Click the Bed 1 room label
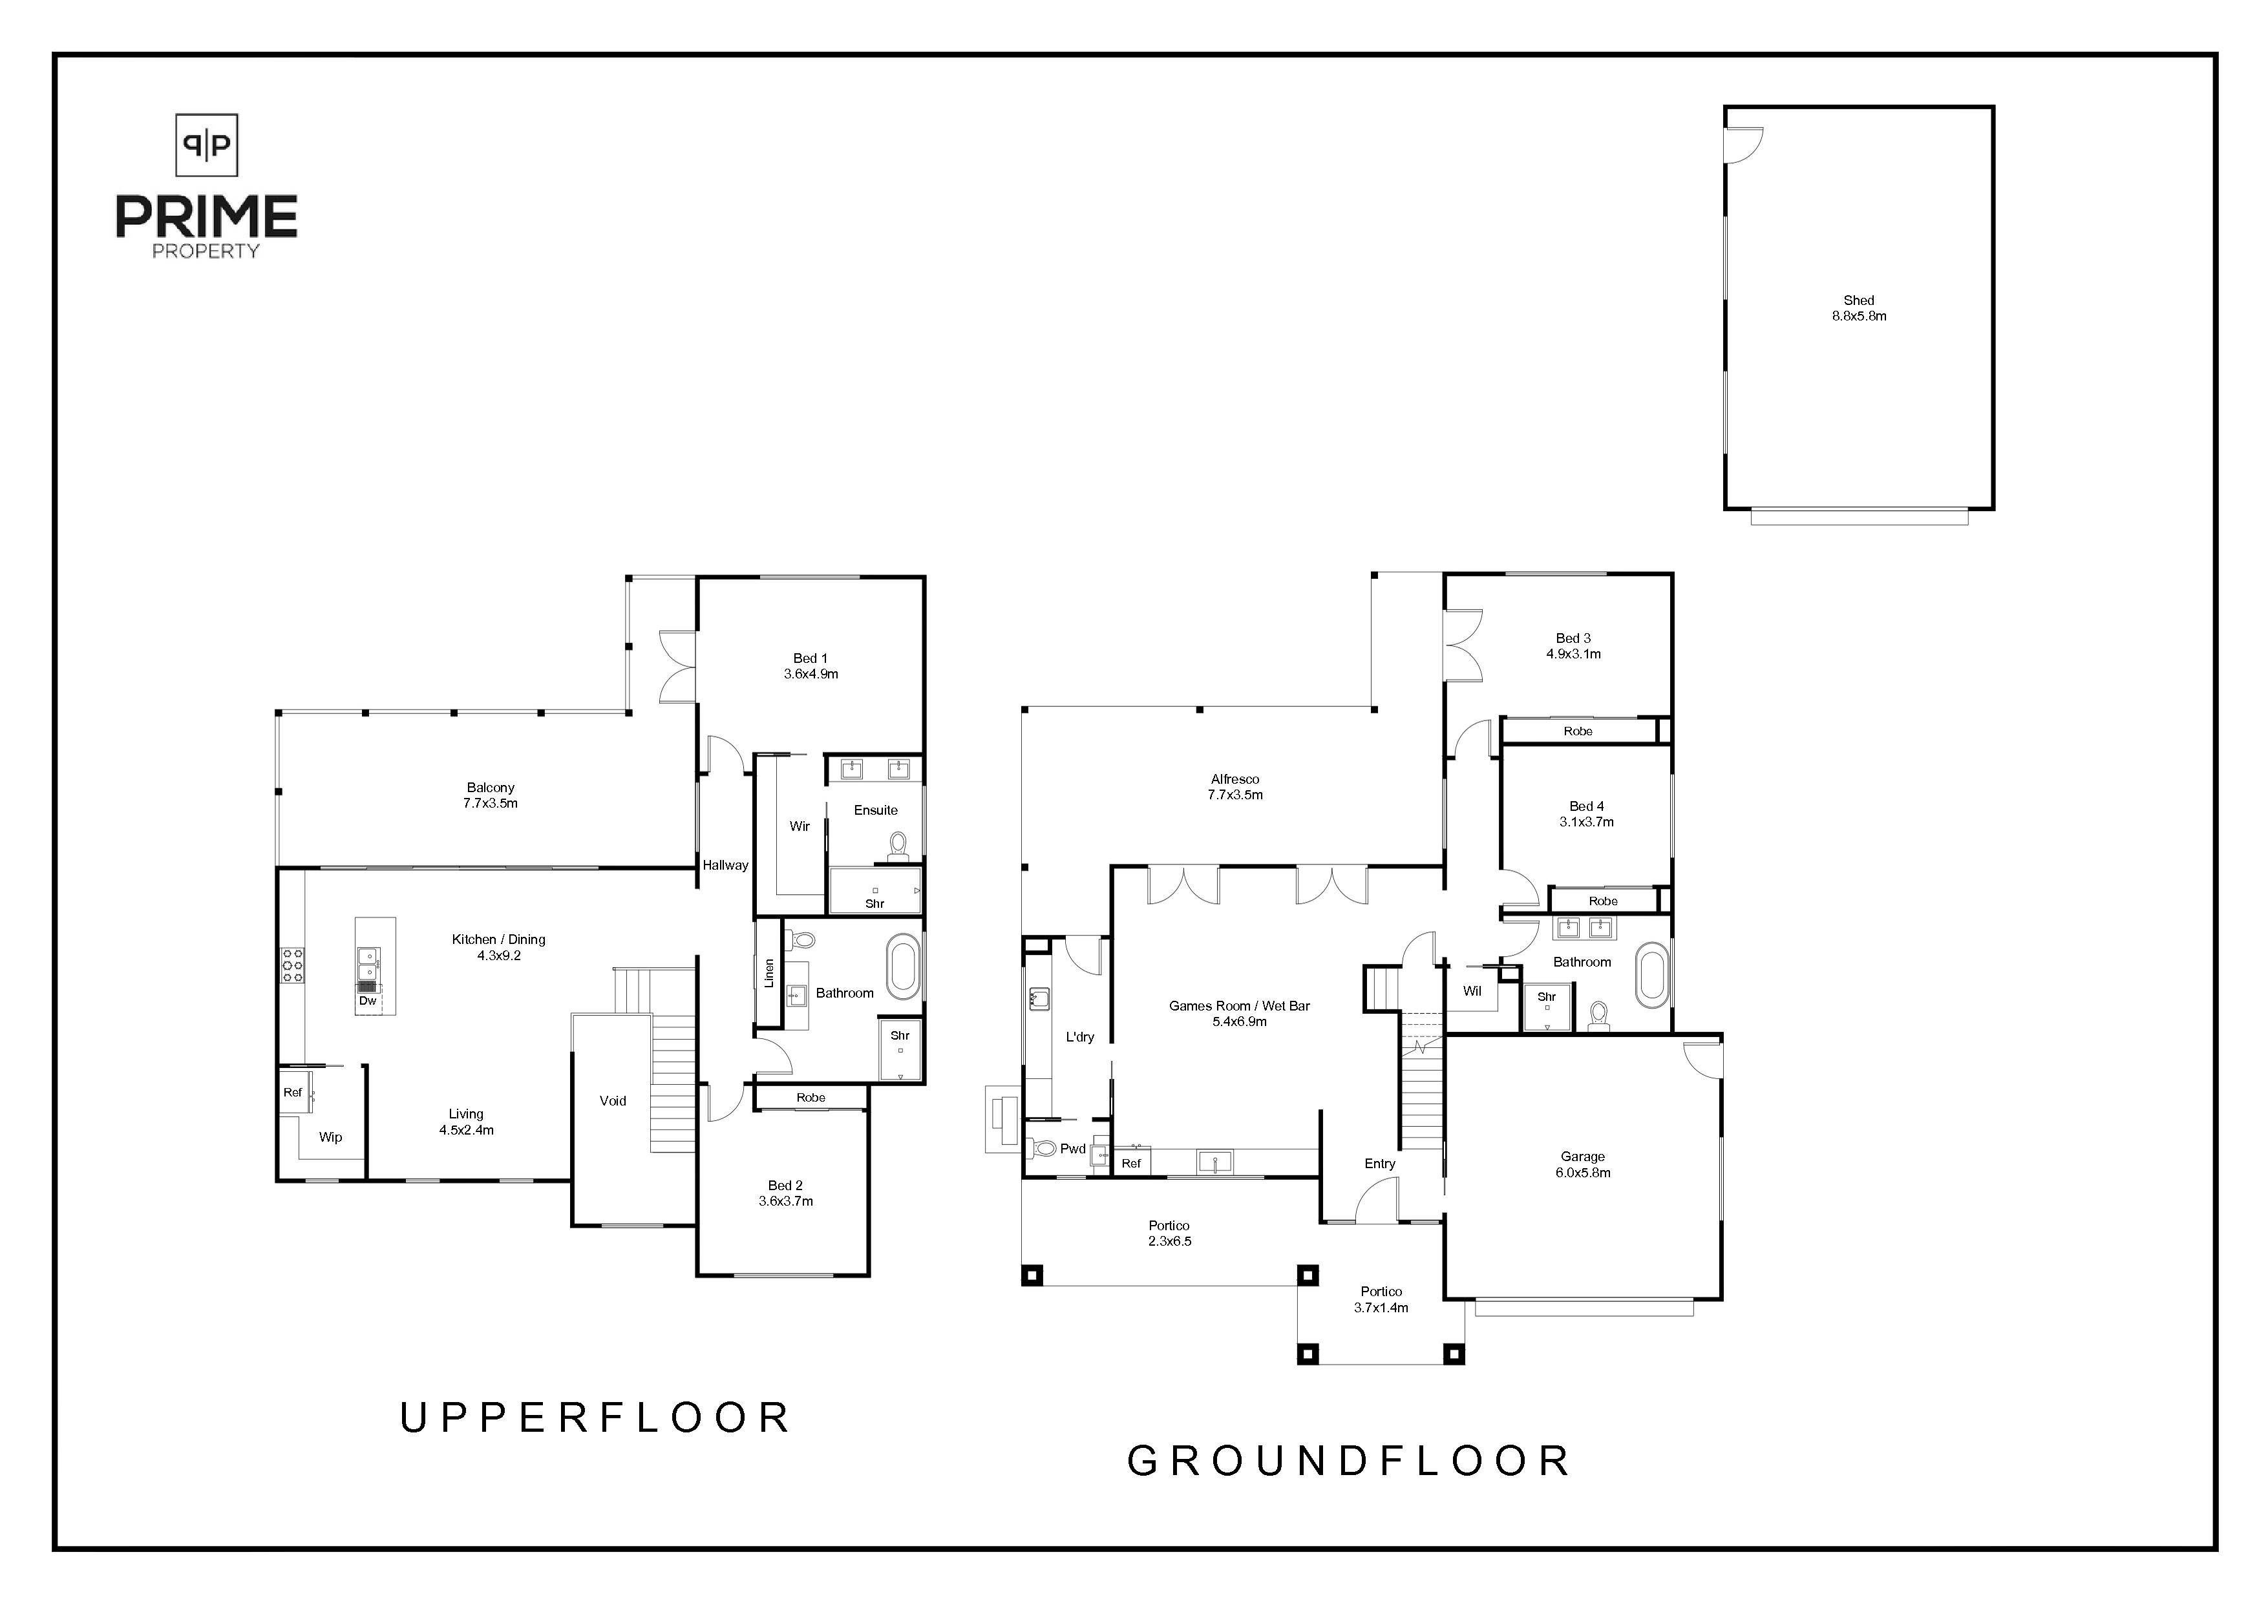coord(810,665)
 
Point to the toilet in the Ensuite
coord(898,846)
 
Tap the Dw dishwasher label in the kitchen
coord(368,1001)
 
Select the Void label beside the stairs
coord(613,1100)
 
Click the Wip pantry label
coord(330,1137)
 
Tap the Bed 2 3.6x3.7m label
coord(785,1193)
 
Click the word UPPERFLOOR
coord(595,1418)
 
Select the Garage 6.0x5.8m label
coord(1582,1164)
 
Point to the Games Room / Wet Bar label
coord(1239,1013)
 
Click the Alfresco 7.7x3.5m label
coord(1235,786)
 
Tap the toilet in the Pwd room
coord(1044,1147)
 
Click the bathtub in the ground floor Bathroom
coord(1651,975)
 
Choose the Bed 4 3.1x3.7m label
coord(1586,814)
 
